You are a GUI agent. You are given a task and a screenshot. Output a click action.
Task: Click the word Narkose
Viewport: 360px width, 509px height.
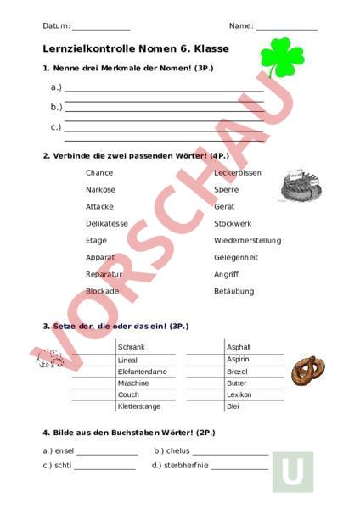pos(100,189)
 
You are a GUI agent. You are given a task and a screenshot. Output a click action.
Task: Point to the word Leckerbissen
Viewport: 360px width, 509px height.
pos(237,172)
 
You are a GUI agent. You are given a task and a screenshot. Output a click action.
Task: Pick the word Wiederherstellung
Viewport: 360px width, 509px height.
pos(247,240)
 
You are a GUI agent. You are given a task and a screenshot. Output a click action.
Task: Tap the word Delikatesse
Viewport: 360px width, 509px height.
pos(107,223)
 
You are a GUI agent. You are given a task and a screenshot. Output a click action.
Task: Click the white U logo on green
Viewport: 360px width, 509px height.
pos(292,472)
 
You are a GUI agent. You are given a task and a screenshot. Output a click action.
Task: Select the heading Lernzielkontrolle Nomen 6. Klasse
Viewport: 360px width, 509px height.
pos(135,49)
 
